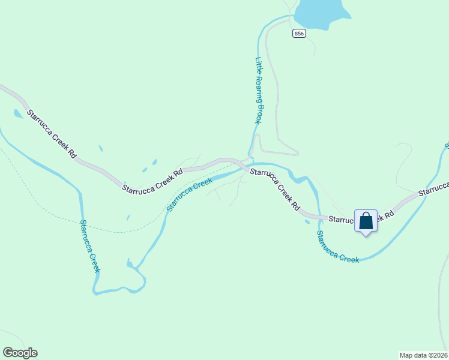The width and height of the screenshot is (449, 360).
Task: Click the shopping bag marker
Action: click(366, 221)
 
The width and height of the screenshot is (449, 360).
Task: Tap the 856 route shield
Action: click(300, 34)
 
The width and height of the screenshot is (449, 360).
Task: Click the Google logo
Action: click(20, 353)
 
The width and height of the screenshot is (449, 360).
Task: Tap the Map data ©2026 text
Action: click(423, 355)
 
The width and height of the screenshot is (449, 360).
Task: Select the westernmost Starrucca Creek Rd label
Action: click(52, 134)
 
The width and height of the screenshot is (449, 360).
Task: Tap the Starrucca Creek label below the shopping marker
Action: click(337, 247)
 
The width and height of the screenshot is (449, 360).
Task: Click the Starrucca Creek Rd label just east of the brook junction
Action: click(275, 188)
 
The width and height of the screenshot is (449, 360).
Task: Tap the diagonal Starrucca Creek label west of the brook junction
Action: click(189, 195)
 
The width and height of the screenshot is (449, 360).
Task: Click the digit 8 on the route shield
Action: click(297, 34)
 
